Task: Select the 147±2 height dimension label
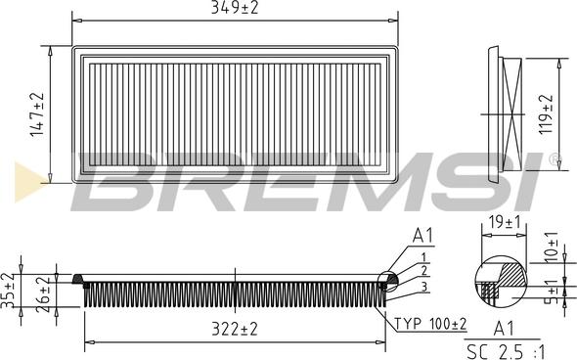(37, 114)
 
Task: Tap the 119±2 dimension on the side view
(547, 112)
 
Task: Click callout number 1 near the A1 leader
(423, 255)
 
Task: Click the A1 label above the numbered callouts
(422, 235)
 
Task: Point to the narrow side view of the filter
(510, 112)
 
